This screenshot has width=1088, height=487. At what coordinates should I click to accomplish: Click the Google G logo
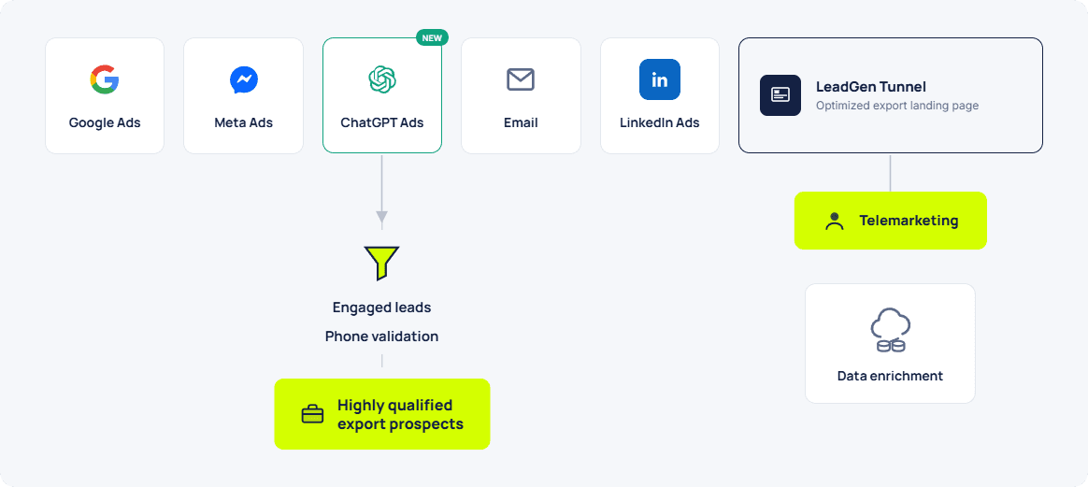pos(105,79)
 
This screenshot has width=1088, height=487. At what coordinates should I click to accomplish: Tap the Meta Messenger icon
pos(244,79)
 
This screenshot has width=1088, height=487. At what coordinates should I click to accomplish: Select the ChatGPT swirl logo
pos(382,79)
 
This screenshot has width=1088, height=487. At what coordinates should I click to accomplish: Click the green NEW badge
pos(432,37)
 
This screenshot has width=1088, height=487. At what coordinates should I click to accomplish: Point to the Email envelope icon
pos(521,79)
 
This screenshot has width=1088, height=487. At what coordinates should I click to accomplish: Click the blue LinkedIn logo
pos(660,79)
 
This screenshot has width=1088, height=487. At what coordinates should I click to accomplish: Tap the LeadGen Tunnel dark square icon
pos(780,95)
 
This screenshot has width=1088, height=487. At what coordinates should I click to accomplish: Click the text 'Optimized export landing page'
pos(897,107)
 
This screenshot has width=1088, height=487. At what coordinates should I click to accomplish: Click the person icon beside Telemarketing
pos(834,222)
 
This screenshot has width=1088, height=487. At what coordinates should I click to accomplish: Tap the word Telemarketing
pos(909,221)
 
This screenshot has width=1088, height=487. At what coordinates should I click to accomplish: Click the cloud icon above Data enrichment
pos(890,330)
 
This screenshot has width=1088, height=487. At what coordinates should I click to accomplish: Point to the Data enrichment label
pos(890,376)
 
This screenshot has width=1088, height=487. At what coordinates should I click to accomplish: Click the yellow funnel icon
pos(381,263)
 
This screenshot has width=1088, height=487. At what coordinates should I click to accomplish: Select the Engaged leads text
pos(381,308)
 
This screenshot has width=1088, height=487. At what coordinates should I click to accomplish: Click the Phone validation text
pos(381,337)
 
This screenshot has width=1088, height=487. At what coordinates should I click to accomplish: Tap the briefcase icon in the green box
pos(312,414)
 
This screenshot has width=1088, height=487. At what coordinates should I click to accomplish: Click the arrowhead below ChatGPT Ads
pos(381,217)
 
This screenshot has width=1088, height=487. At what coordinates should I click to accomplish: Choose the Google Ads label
pos(105,122)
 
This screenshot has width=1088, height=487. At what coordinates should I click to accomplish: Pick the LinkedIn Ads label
pos(660,122)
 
